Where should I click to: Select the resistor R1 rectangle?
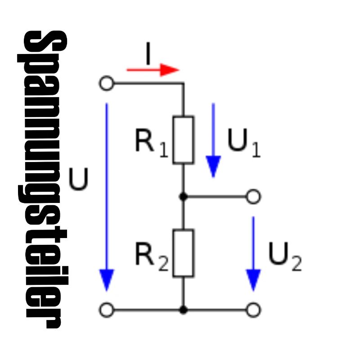(x=183, y=139)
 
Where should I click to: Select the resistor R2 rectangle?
(x=183, y=253)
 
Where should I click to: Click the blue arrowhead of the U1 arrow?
(x=213, y=167)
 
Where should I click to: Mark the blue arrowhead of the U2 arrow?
(x=254, y=280)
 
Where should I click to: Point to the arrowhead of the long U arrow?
(x=107, y=280)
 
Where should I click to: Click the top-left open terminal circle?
(x=107, y=84)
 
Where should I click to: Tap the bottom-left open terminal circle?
(x=107, y=310)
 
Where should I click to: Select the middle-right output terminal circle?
(x=254, y=197)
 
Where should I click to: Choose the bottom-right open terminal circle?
(x=254, y=310)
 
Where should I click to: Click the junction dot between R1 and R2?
(x=183, y=197)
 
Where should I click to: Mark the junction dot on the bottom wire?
(x=183, y=310)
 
